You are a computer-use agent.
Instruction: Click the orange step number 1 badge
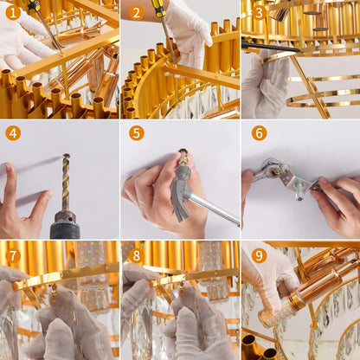tap(13, 13)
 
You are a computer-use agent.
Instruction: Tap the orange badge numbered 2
tap(136, 13)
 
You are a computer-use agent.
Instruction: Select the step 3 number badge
tap(258, 13)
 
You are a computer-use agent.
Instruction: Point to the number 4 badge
tap(13, 132)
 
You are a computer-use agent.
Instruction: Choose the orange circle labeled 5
tap(136, 132)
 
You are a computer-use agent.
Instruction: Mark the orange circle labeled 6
tap(258, 132)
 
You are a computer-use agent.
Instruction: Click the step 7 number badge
tap(13, 255)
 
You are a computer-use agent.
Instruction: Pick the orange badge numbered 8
tap(136, 255)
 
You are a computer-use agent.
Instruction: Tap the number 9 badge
tap(258, 255)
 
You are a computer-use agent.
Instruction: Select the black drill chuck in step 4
tap(65, 225)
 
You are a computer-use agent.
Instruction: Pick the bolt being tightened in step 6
tap(299, 189)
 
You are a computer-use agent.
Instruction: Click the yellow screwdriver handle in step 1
tap(33, 7)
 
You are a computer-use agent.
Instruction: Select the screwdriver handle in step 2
tap(160, 10)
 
